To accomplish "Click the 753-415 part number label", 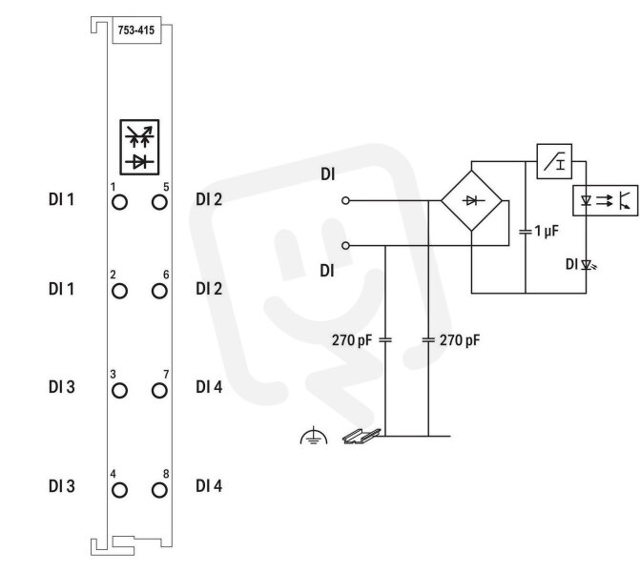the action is (136, 31).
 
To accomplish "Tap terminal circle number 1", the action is (119, 202).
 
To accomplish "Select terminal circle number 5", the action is (159, 202).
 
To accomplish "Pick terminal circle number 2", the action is (119, 292).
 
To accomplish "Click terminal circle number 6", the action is (159, 292).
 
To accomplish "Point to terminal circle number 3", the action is (119, 391).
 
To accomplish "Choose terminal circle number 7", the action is (159, 391).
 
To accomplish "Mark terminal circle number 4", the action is (119, 490).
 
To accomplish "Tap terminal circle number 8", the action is (159, 490).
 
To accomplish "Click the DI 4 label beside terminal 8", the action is (209, 486).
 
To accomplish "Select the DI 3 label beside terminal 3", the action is (62, 387).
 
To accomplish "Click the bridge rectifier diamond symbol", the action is (471, 201).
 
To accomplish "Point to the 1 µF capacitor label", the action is (547, 231).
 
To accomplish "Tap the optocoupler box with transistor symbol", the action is (606, 200).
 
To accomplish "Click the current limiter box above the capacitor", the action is (554, 161).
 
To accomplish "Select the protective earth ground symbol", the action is (314, 436).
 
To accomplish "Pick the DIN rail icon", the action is (361, 437).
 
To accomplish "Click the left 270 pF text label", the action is (352, 340).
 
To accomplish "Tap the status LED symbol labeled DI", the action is (588, 266).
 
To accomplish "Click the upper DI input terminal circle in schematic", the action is (345, 200).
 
